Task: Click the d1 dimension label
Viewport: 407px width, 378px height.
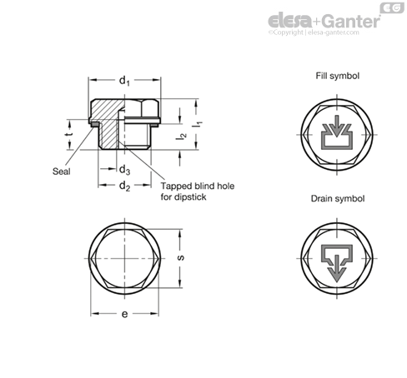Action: coord(124,81)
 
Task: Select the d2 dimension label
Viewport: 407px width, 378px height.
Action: coord(124,186)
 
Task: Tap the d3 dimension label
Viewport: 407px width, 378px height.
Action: coord(124,170)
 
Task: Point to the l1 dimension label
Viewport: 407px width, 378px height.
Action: coord(198,125)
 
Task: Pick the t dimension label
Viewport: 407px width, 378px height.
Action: coord(69,134)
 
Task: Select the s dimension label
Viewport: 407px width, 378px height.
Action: coord(181,258)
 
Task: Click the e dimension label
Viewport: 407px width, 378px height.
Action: coord(125,314)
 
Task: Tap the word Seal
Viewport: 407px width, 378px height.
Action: coord(62,172)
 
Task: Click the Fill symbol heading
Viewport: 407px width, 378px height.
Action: coord(337,76)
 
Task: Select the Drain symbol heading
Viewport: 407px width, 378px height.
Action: coord(338,199)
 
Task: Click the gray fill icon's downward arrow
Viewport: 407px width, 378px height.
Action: coord(337,126)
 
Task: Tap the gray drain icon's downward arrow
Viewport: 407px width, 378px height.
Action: coord(337,268)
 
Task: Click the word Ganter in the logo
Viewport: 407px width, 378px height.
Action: coord(351,22)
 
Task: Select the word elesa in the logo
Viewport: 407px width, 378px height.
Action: coord(290,21)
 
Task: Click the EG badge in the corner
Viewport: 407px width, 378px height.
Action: coord(392,7)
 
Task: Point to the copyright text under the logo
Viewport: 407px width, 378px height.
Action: coord(314,32)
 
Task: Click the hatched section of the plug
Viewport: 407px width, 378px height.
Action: coord(107,117)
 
